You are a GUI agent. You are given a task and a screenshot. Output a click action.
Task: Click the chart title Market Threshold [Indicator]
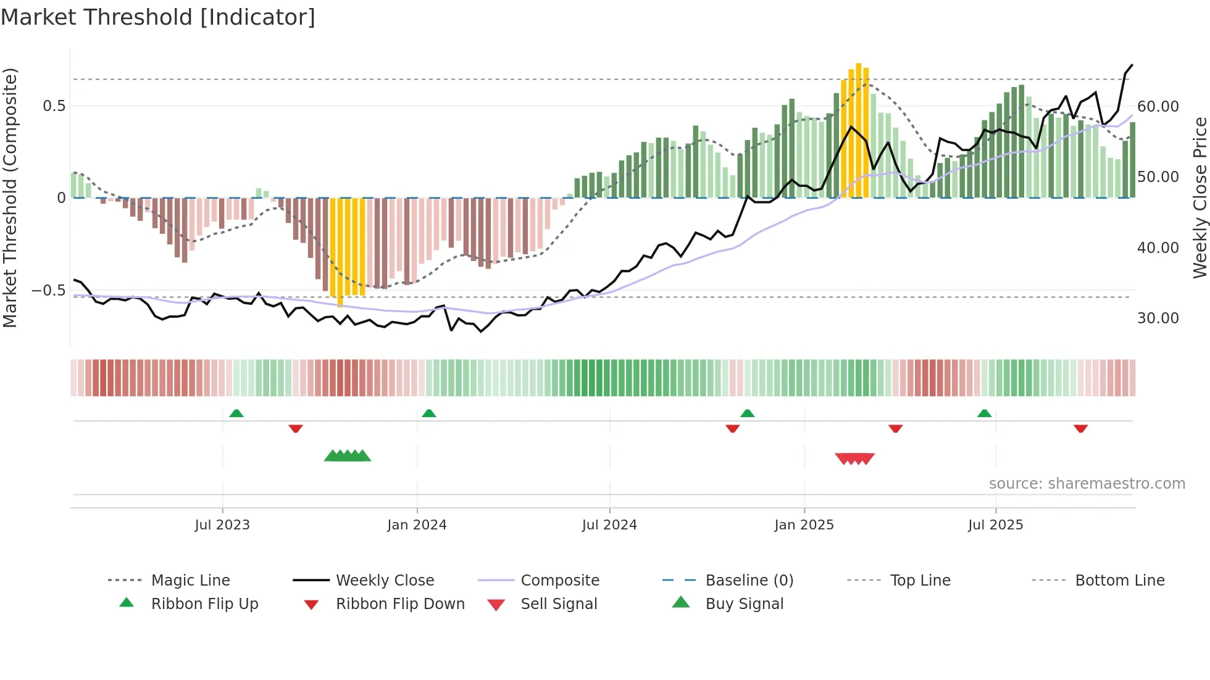point(158,17)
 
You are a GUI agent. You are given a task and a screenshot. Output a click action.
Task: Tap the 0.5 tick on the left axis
point(54,106)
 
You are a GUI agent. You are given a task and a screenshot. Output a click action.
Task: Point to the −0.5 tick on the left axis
point(48,291)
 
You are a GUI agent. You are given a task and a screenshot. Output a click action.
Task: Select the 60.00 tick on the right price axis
point(1158,107)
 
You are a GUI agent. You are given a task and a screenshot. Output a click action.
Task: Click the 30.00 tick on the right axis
point(1158,318)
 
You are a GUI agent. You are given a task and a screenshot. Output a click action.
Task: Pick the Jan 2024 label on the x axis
point(417,525)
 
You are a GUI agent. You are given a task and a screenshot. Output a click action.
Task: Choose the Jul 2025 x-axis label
point(995,525)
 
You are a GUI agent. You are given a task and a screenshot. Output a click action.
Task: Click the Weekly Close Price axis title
point(1200,197)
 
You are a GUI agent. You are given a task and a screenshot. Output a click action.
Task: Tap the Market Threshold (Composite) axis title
point(10,197)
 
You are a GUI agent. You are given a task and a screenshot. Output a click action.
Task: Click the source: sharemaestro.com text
point(1087,484)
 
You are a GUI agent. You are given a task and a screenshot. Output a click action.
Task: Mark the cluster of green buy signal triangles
point(348,456)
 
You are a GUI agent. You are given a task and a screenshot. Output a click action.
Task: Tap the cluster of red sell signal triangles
point(854,458)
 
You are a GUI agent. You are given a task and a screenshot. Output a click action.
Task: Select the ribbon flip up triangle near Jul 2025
point(984,413)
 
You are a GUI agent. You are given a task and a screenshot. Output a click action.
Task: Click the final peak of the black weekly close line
point(1132,65)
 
